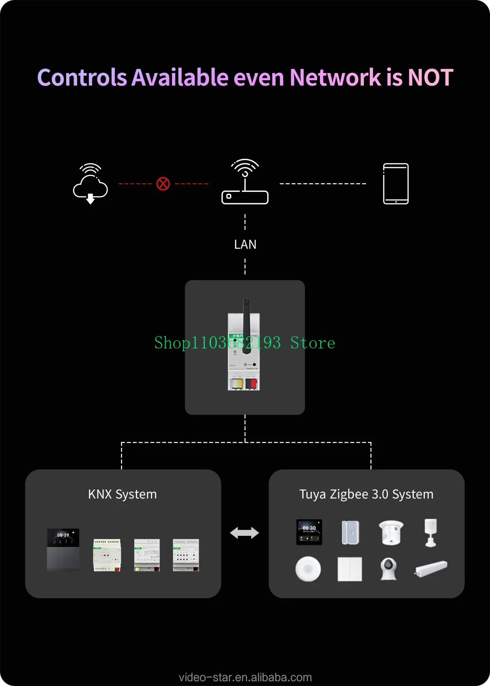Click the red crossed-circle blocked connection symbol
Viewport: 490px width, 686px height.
coord(163,184)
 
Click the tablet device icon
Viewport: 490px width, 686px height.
coord(396,184)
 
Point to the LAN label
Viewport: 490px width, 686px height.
coord(245,245)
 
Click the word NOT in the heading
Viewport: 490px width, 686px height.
coord(430,78)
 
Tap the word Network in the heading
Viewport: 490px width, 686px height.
coord(335,78)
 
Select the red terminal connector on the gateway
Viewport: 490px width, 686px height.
coord(251,384)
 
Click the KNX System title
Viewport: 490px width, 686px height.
coord(122,494)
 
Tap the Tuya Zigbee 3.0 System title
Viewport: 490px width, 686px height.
coord(366,494)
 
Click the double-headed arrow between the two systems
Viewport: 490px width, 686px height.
coord(245,533)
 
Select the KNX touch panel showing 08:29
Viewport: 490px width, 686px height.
coord(63,549)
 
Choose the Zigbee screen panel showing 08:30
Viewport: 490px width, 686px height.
coord(309,532)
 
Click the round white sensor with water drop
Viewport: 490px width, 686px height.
coord(308,569)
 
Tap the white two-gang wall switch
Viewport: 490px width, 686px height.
coord(350,569)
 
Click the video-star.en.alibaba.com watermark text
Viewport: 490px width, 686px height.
coord(245,677)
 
